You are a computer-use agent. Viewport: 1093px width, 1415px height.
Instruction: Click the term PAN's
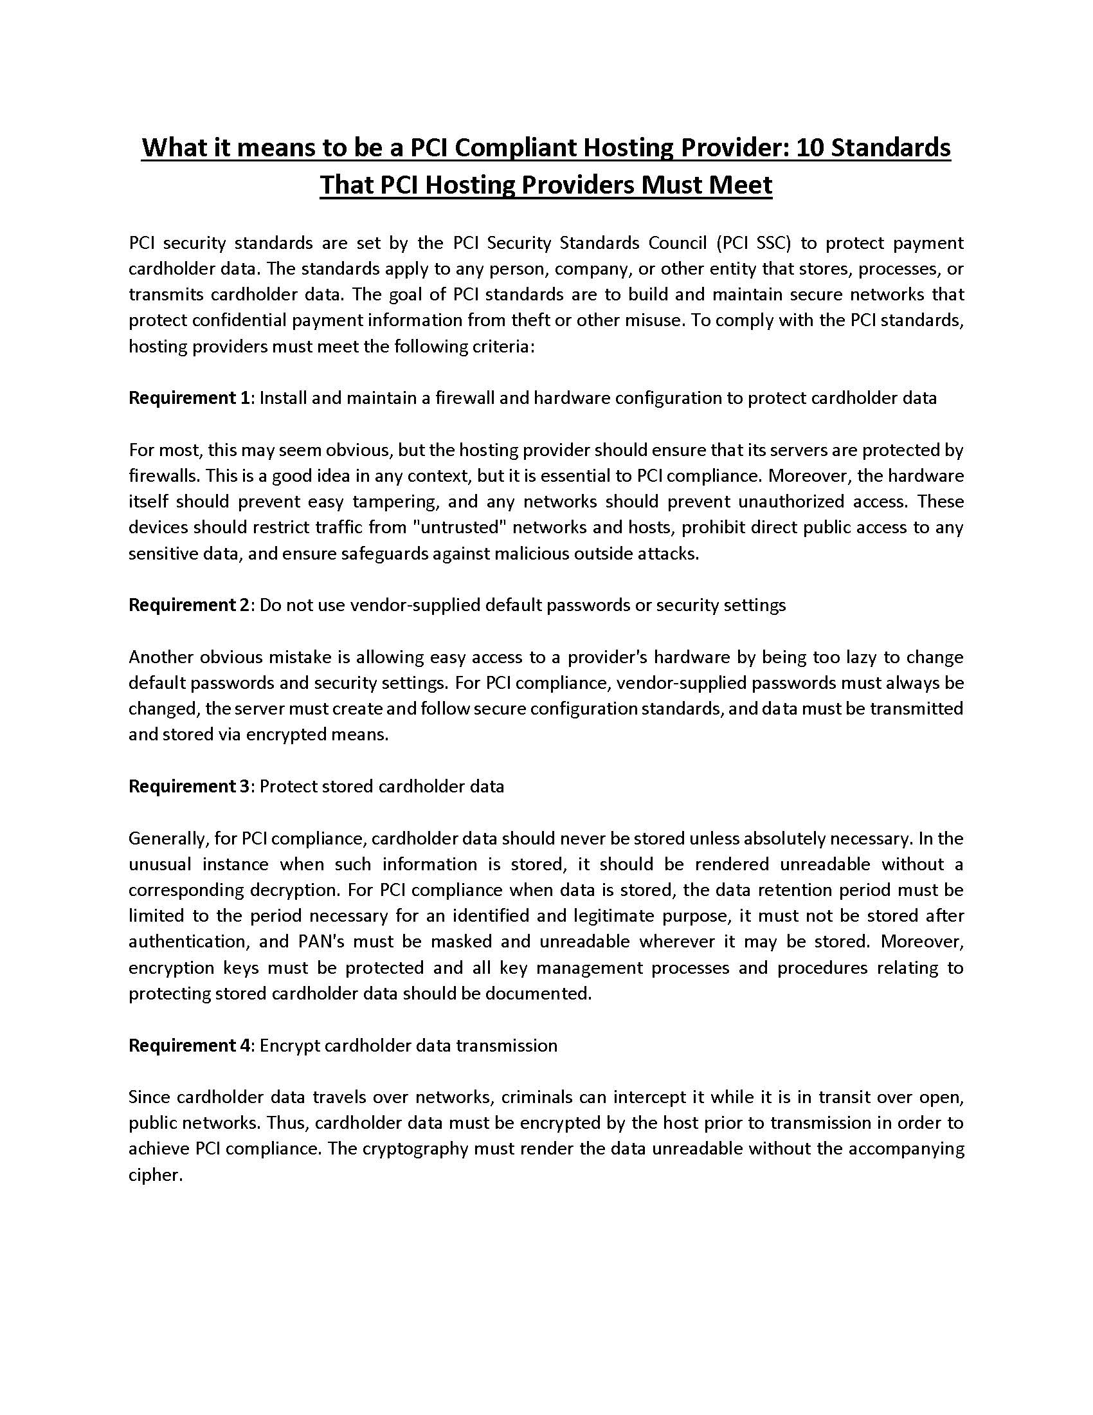point(321,942)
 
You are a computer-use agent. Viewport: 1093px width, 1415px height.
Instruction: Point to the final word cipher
point(156,1175)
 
